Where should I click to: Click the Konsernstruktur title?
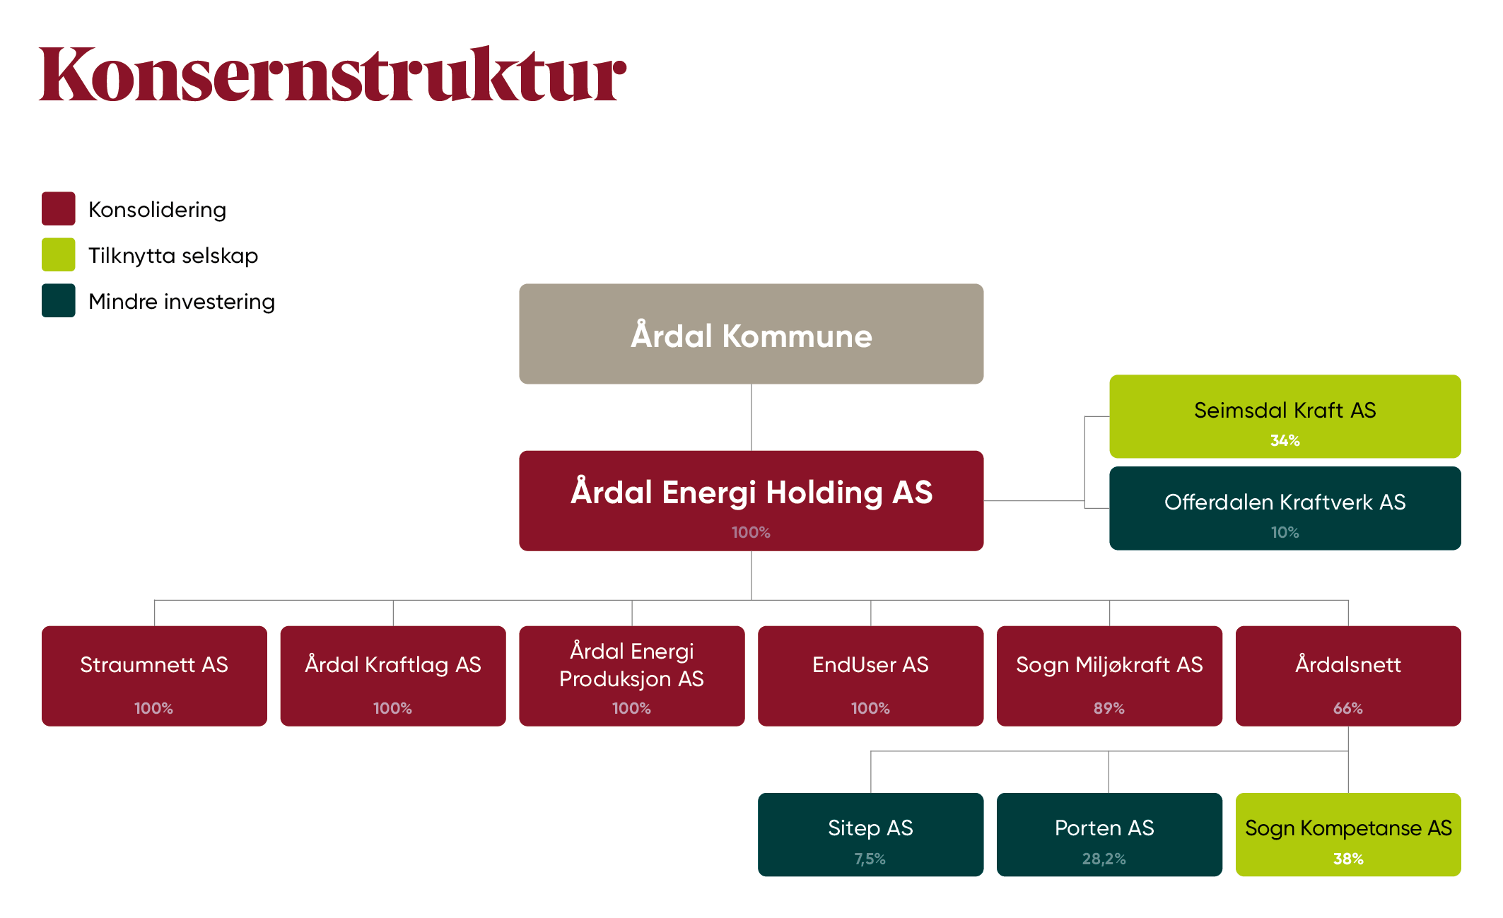coord(332,75)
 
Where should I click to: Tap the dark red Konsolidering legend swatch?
coord(58,208)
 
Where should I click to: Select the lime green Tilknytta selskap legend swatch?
coord(58,254)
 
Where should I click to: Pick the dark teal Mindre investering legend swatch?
coord(58,300)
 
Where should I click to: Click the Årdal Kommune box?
coord(751,334)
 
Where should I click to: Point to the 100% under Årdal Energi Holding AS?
coord(751,532)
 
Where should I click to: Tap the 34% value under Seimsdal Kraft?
coord(1285,441)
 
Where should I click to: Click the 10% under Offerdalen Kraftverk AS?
coord(1285,533)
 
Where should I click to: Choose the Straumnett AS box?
coord(154,675)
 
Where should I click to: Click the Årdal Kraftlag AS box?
coord(393,675)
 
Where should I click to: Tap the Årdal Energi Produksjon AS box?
coord(631,675)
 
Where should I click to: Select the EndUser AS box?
coord(870,675)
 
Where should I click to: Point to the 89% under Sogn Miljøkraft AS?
coord(1109,708)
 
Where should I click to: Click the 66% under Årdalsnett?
coord(1347,708)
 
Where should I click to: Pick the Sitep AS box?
coord(870,834)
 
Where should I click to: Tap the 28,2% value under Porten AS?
coord(1104,859)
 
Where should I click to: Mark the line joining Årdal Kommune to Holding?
coord(751,417)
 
